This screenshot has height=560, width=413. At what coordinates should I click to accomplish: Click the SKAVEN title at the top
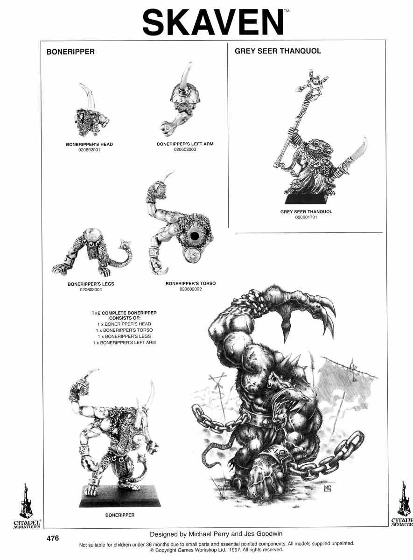(x=213, y=22)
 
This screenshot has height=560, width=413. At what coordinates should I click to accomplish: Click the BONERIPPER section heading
(x=70, y=52)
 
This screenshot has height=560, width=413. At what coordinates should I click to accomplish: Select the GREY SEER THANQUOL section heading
(x=278, y=51)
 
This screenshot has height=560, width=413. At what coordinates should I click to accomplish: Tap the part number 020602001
(x=89, y=150)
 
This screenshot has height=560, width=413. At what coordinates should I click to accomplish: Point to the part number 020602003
(x=185, y=149)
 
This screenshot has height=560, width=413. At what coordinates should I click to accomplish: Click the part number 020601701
(x=306, y=217)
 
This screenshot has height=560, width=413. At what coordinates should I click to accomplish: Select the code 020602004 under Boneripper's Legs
(x=91, y=290)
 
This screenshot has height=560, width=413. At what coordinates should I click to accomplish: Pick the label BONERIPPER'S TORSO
(x=190, y=284)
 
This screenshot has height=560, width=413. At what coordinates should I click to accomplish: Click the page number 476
(x=53, y=538)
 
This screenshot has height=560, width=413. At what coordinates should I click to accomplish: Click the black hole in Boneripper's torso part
(x=194, y=236)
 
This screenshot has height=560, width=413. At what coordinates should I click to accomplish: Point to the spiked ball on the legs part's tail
(x=124, y=246)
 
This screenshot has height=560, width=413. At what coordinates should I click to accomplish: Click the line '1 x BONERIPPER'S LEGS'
(x=124, y=336)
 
